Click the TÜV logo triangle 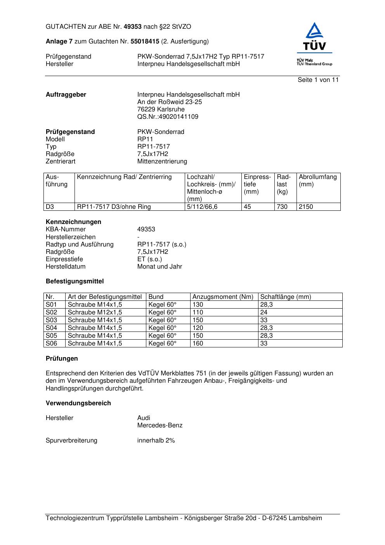[x=314, y=32]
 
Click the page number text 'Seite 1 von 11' [x=318, y=80]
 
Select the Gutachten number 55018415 [x=145, y=41]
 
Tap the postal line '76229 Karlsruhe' [x=161, y=109]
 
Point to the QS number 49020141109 [x=168, y=117]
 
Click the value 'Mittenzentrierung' [x=162, y=161]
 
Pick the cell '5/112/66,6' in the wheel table [x=202, y=207]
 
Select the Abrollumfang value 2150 [x=306, y=207]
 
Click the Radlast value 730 [x=282, y=207]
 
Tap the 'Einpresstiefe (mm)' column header [x=257, y=184]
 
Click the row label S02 [x=51, y=312]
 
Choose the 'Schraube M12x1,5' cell [x=95, y=312]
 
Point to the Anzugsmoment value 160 [x=198, y=344]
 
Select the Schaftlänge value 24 [x=264, y=312]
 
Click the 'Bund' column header [x=156, y=297]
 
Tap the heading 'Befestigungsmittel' [x=75, y=281]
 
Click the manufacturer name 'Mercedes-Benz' [x=160, y=425]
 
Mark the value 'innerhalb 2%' [x=156, y=441]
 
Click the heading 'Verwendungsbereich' [x=78, y=403]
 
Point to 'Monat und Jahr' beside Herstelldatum [x=160, y=267]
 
